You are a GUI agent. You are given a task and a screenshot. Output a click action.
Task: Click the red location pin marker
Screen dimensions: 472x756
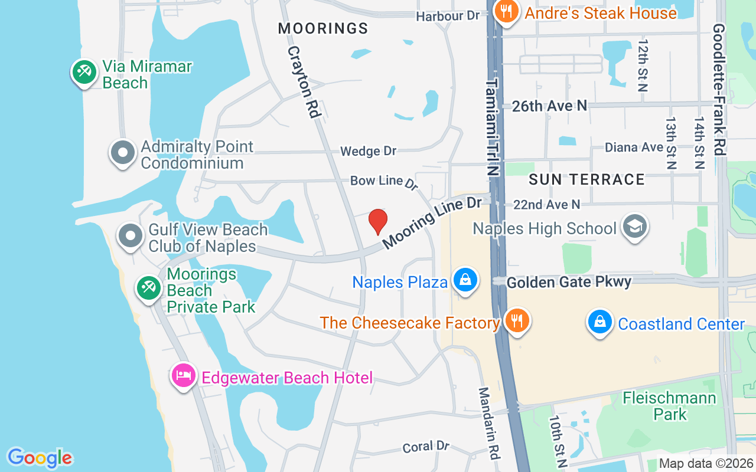tap(378, 221)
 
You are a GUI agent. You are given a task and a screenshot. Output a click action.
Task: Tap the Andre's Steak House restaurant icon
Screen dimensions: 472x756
tap(506, 11)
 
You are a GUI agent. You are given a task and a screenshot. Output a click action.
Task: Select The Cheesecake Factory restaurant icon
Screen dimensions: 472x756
tap(517, 322)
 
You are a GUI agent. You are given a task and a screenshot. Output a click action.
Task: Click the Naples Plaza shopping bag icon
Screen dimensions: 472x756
tap(465, 281)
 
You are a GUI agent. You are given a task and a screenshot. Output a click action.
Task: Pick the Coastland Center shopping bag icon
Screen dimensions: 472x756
tap(600, 323)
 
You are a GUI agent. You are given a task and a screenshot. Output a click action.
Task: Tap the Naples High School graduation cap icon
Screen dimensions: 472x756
tap(635, 227)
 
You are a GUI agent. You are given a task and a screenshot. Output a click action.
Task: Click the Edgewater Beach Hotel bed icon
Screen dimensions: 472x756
tap(184, 376)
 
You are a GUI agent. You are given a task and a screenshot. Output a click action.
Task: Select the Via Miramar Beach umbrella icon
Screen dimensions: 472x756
tap(84, 73)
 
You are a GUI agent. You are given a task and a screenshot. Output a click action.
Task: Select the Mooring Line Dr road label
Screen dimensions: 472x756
tap(432, 222)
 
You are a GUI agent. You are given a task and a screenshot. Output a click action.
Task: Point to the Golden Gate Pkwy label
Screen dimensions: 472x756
tap(569, 283)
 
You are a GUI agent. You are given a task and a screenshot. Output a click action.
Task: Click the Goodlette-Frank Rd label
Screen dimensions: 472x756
tap(719, 88)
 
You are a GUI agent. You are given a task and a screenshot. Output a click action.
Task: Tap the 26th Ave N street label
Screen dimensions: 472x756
tap(549, 106)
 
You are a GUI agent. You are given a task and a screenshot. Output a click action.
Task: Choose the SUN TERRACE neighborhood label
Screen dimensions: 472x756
tap(586, 179)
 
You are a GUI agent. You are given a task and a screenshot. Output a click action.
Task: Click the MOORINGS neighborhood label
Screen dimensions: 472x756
tap(323, 28)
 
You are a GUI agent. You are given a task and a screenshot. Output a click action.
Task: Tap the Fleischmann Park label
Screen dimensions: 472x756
tap(669, 406)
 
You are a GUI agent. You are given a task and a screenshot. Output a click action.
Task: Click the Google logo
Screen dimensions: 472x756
tap(40, 458)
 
